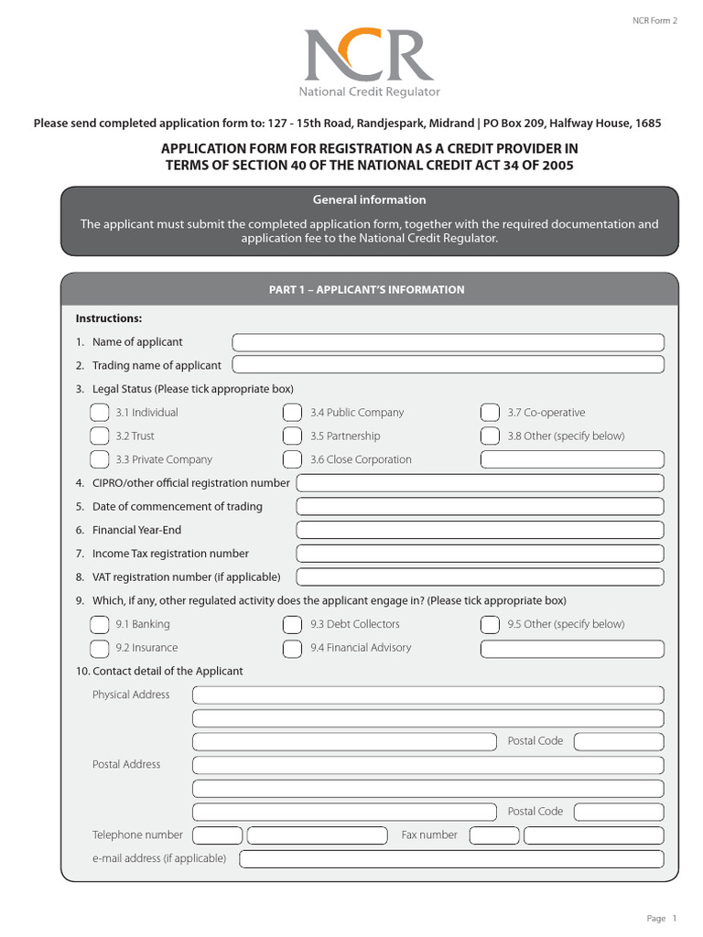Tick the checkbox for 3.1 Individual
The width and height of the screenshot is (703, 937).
click(99, 413)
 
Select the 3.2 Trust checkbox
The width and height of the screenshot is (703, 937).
click(99, 436)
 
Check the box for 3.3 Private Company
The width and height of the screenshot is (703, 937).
click(99, 459)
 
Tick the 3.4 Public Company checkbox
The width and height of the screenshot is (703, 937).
click(292, 413)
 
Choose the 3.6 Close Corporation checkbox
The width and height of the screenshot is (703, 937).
click(292, 459)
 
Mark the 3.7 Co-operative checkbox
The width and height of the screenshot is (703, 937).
click(490, 413)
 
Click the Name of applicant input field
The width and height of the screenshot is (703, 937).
click(448, 342)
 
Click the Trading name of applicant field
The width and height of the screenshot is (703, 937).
click(448, 365)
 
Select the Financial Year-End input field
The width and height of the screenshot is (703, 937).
click(480, 530)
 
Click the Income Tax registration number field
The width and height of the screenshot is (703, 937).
click(480, 554)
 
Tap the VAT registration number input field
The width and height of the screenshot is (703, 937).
click(480, 577)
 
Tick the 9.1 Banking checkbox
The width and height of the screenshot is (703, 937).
click(99, 624)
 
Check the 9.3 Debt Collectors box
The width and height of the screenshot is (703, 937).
click(292, 624)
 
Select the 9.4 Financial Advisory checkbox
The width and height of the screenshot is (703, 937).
click(292, 648)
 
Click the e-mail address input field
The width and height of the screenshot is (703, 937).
click(451, 858)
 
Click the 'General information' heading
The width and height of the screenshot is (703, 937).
click(369, 199)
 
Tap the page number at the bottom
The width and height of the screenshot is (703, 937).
click(673, 918)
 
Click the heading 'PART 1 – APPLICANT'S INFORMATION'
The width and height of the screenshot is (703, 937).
click(366, 290)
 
